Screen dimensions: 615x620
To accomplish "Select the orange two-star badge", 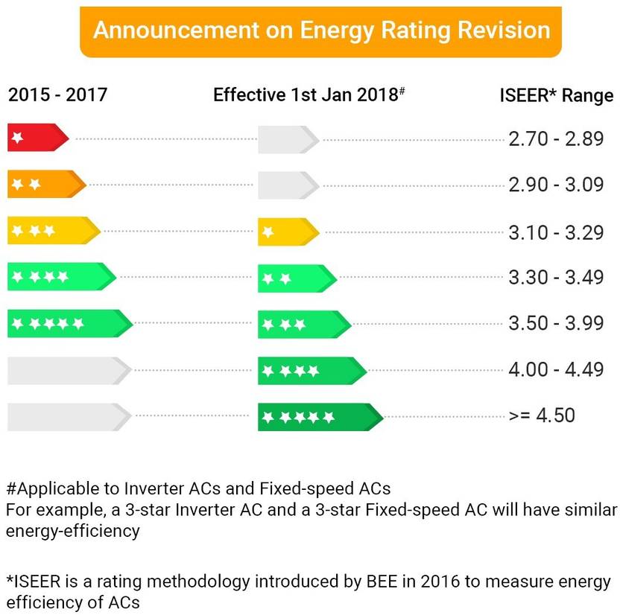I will click(x=46, y=185).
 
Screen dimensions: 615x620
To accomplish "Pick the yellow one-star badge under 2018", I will click(x=288, y=232).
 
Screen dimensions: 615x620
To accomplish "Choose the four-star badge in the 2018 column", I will click(x=311, y=370).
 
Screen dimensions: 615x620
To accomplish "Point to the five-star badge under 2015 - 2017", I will click(x=69, y=323).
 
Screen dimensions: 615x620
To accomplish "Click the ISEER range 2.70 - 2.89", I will click(x=556, y=139).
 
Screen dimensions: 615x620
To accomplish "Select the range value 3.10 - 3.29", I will click(x=556, y=232).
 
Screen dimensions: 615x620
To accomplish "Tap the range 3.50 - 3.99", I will click(x=556, y=324).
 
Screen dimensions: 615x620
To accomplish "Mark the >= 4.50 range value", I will click(x=542, y=415).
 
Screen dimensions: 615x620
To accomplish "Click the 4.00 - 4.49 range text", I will click(x=556, y=369).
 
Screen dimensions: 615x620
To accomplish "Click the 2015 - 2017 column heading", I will click(x=58, y=95).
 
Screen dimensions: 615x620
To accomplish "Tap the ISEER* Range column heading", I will click(x=556, y=95).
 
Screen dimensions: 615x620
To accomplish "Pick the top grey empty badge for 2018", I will click(x=288, y=139).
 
